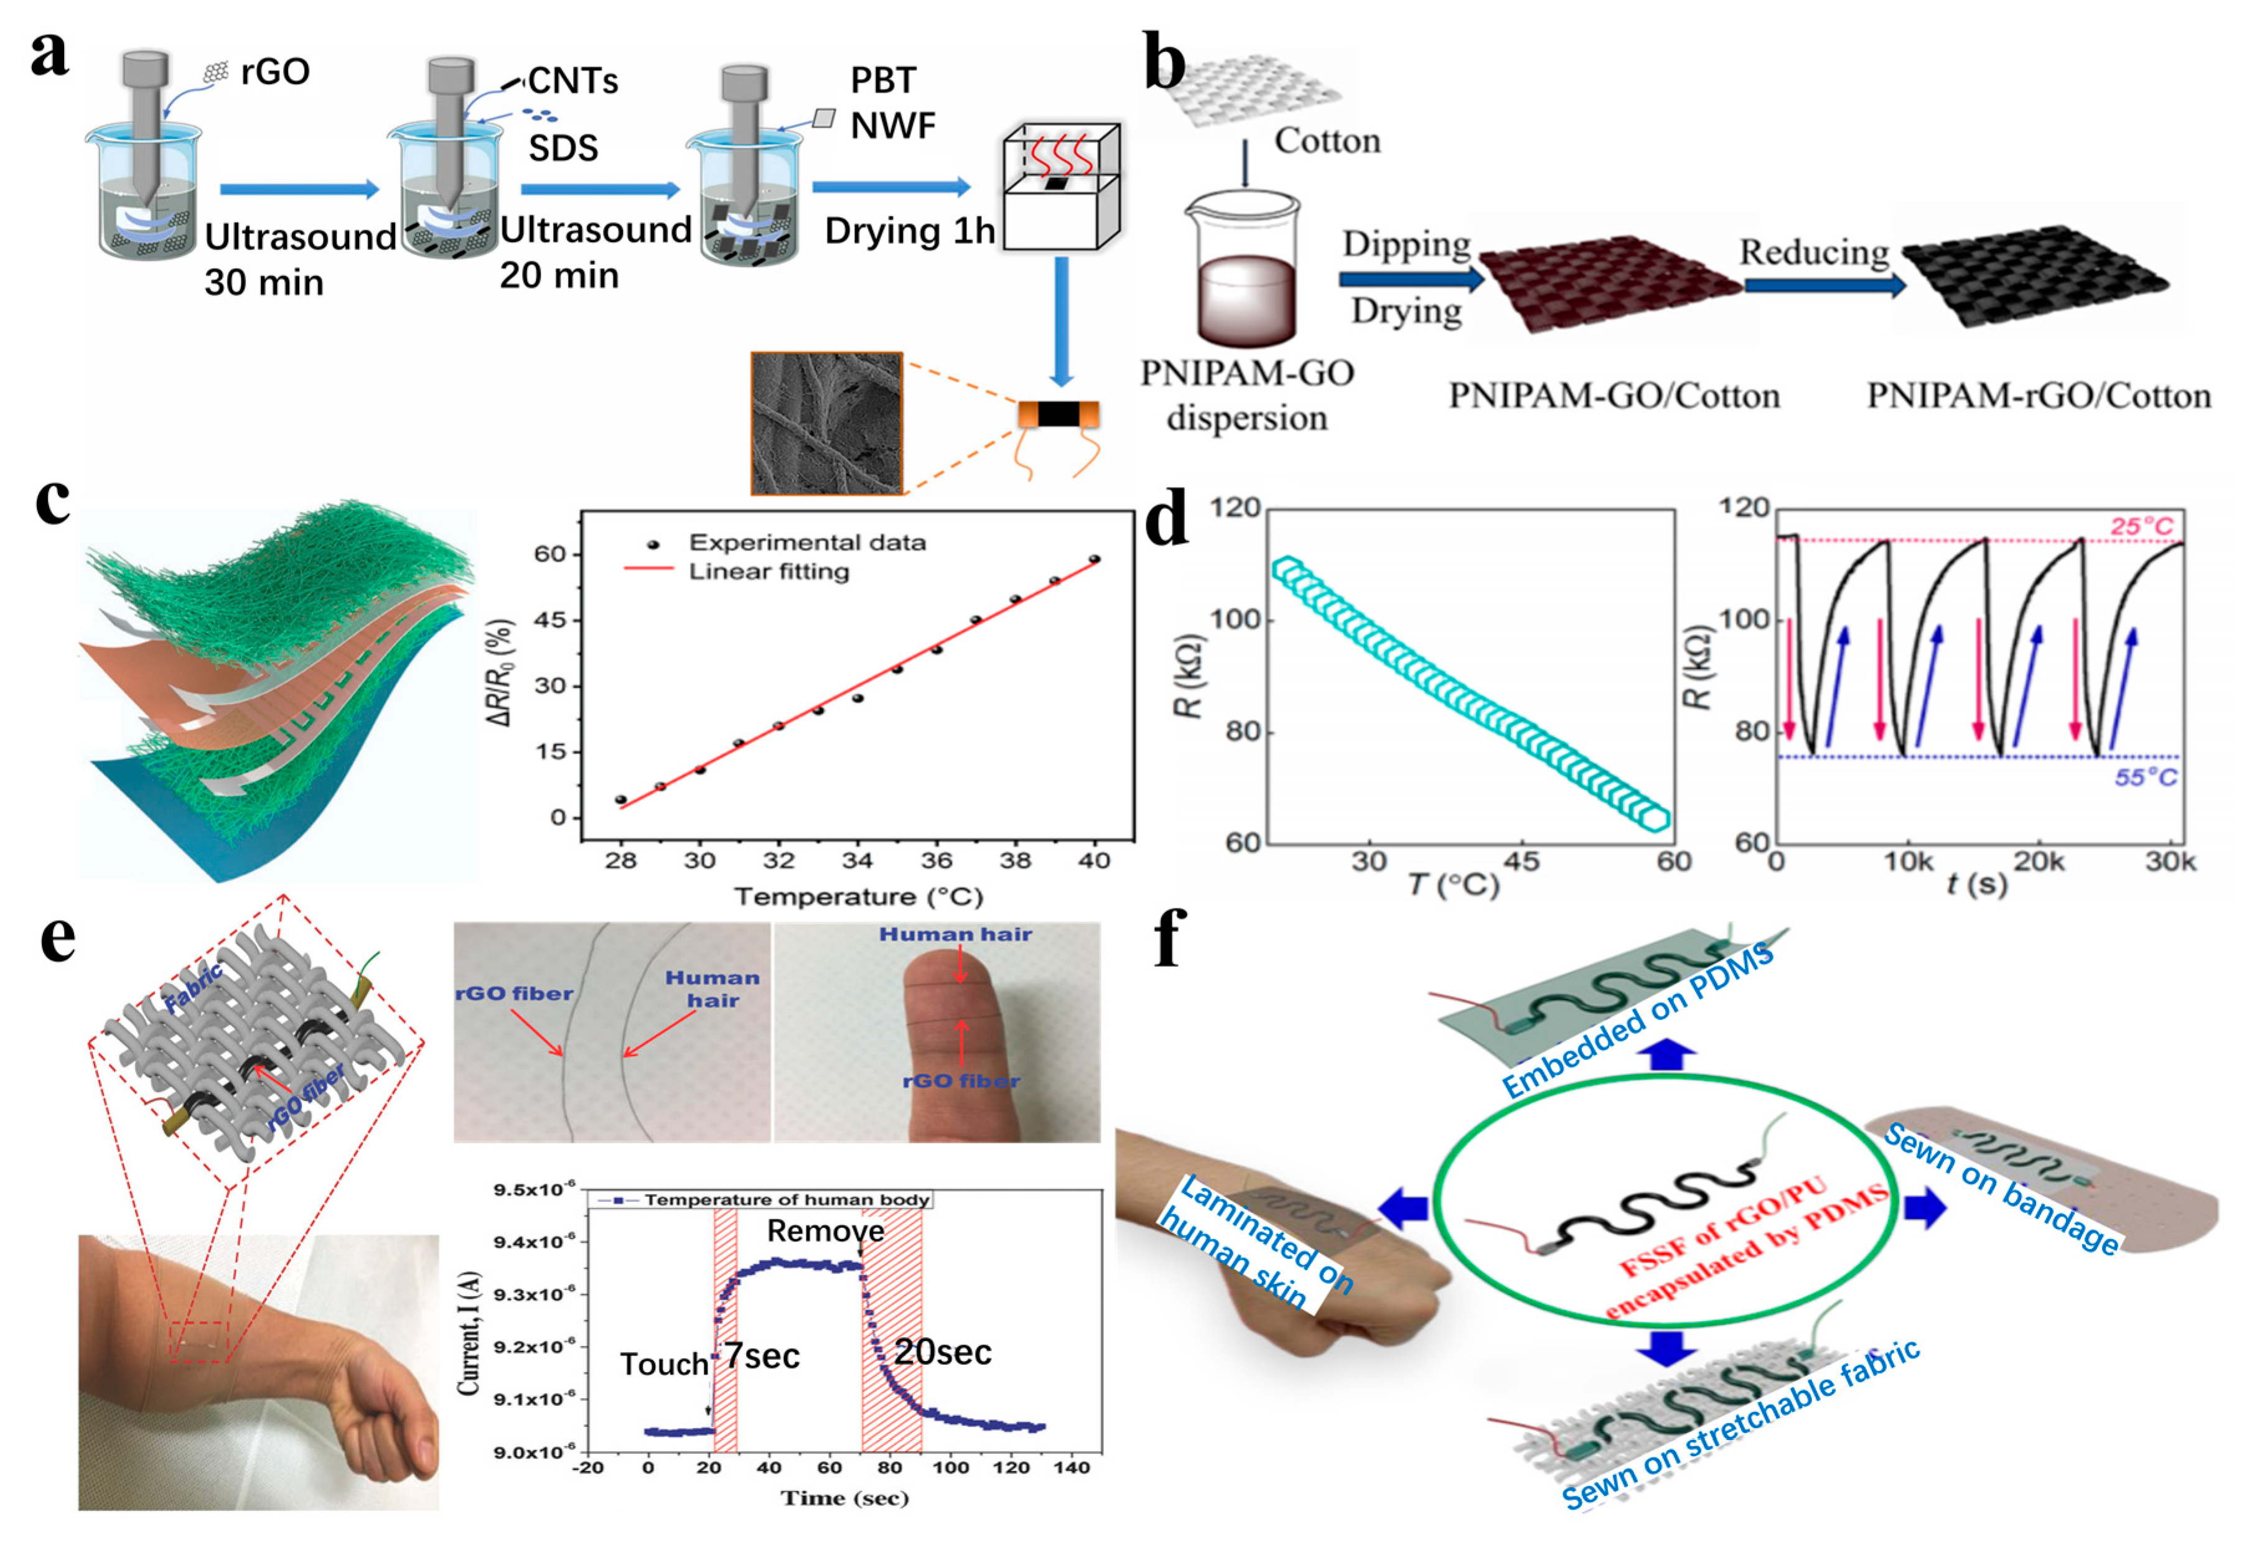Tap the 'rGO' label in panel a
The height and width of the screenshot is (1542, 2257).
click(x=275, y=72)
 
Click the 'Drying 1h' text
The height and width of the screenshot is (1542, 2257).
click(x=909, y=231)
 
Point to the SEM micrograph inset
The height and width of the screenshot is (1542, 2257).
click(x=826, y=424)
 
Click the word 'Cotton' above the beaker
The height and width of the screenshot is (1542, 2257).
click(x=1327, y=141)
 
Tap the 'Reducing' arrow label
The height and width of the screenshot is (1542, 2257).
click(x=1813, y=253)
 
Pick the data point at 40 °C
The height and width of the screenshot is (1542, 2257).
click(x=1095, y=559)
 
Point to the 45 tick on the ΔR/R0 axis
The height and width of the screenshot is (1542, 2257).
click(x=551, y=620)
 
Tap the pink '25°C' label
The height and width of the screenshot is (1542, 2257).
click(x=2141, y=526)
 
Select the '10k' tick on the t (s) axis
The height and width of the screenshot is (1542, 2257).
click(x=1909, y=862)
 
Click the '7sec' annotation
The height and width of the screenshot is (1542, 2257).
click(x=762, y=1355)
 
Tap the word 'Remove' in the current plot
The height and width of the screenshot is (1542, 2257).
click(x=826, y=1231)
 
